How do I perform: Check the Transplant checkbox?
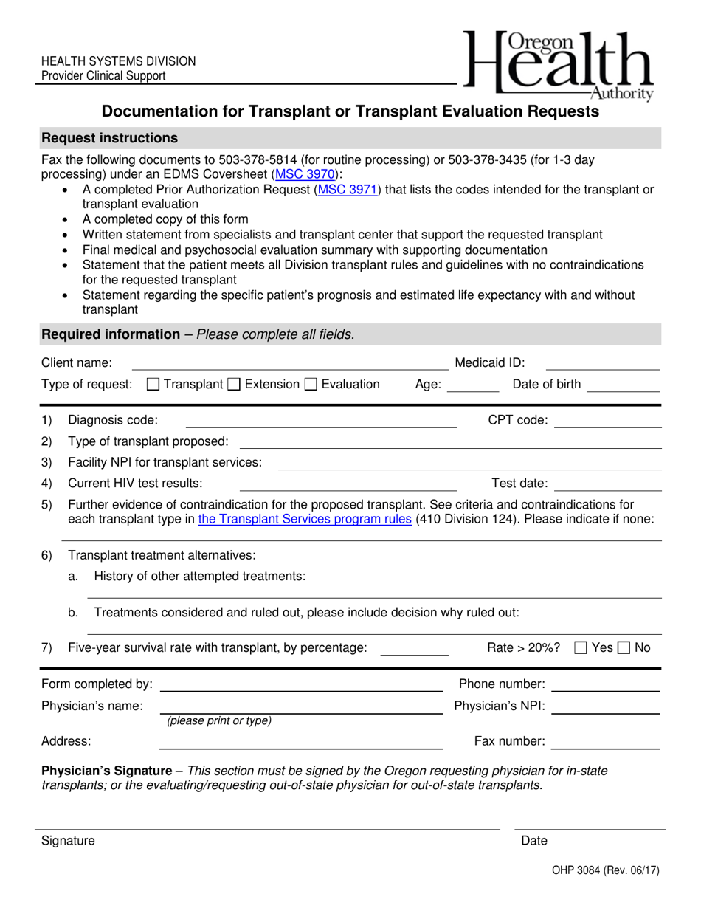pyautogui.click(x=153, y=384)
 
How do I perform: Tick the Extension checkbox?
pyautogui.click(x=234, y=384)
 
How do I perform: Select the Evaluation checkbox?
pyautogui.click(x=311, y=384)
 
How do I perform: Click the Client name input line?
pyautogui.click(x=289, y=363)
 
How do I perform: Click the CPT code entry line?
pyautogui.click(x=607, y=422)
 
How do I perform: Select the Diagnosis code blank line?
pyautogui.click(x=320, y=422)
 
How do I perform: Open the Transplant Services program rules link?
pyautogui.click(x=305, y=519)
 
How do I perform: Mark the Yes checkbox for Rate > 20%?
pyautogui.click(x=581, y=648)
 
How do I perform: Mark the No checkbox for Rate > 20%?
pyautogui.click(x=624, y=648)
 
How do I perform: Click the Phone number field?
pyautogui.click(x=605, y=685)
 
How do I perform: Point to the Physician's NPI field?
pyautogui.click(x=605, y=707)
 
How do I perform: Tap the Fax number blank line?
pyautogui.click(x=605, y=743)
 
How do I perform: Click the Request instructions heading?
pyautogui.click(x=110, y=138)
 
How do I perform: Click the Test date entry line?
pyautogui.click(x=607, y=485)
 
